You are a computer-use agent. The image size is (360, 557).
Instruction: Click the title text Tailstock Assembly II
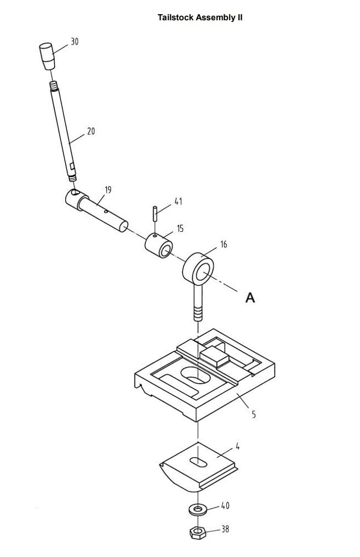tap(200, 18)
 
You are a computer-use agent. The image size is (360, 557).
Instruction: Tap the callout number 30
tap(75, 42)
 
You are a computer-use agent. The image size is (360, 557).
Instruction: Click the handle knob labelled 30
tap(47, 56)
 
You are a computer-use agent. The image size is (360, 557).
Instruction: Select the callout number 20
tap(91, 131)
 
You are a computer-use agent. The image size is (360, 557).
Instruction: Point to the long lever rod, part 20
tap(63, 132)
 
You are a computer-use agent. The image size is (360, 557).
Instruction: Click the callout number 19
tap(108, 190)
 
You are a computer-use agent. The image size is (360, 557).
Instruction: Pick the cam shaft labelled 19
tap(96, 210)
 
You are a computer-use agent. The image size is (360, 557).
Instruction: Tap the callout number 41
tap(178, 201)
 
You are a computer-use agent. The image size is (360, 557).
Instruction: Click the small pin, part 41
tap(155, 214)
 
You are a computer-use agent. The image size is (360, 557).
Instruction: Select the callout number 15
tap(180, 229)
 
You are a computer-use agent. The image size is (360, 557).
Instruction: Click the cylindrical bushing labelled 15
tap(159, 245)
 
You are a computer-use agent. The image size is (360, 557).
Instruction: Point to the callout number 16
tap(224, 245)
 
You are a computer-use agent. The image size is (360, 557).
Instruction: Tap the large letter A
tap(250, 298)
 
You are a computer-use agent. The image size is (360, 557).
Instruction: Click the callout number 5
tap(254, 414)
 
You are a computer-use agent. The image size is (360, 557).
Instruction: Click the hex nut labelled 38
tap(198, 532)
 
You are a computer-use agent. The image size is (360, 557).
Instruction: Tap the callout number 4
tap(237, 446)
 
